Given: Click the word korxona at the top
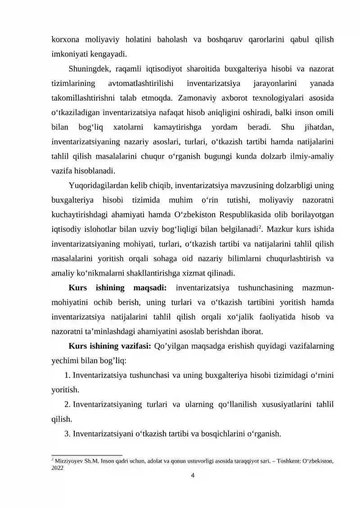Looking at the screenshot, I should pyautogui.click(x=66, y=39).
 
